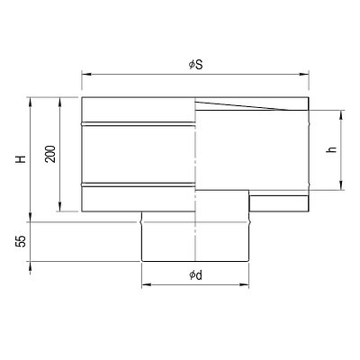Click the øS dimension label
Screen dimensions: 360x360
(x=196, y=65)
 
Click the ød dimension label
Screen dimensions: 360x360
(x=195, y=274)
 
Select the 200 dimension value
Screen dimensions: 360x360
(x=50, y=154)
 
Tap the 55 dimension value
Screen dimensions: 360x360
(x=21, y=241)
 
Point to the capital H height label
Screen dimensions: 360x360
(x=21, y=159)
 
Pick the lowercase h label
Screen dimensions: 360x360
(x=331, y=149)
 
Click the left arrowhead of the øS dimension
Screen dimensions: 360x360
(x=86, y=75)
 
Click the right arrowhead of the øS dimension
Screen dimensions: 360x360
(x=304, y=75)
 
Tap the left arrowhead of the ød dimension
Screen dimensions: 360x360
(x=146, y=284)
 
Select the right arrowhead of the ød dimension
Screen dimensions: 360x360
(x=244, y=284)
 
